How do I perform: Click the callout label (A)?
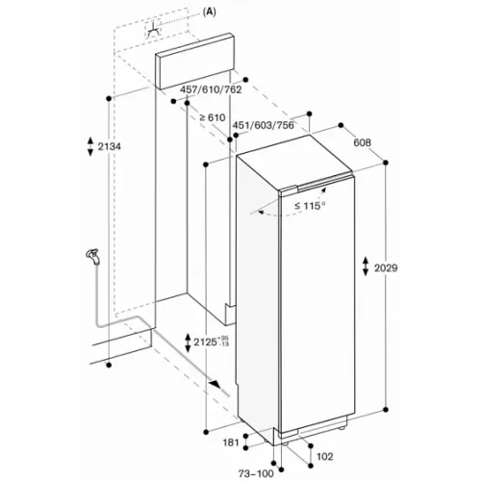click(x=210, y=12)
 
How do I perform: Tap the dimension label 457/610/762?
click(x=211, y=89)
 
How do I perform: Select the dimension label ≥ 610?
click(x=213, y=117)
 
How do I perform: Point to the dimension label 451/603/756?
click(x=263, y=125)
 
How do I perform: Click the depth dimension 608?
click(x=362, y=142)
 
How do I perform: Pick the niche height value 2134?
click(x=110, y=146)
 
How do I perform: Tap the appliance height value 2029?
click(x=386, y=267)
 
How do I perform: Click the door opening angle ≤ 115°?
click(x=310, y=206)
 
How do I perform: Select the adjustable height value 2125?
click(x=205, y=342)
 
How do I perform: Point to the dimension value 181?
click(x=231, y=443)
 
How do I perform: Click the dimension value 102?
click(x=325, y=456)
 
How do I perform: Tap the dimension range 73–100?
click(x=256, y=473)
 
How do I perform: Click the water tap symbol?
click(x=92, y=257)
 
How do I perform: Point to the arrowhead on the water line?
click(x=215, y=384)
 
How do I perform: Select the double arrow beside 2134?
click(x=90, y=146)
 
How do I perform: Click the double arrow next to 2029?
click(x=366, y=266)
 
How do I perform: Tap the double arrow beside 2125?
click(x=188, y=342)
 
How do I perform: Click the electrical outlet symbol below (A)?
click(x=154, y=30)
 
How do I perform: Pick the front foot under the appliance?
click(x=284, y=443)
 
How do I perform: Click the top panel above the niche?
click(x=194, y=61)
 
